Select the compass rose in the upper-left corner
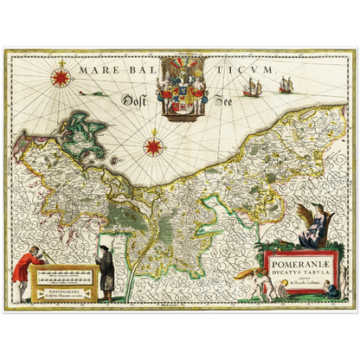[x=61, y=76]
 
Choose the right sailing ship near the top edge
[x=284, y=84]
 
